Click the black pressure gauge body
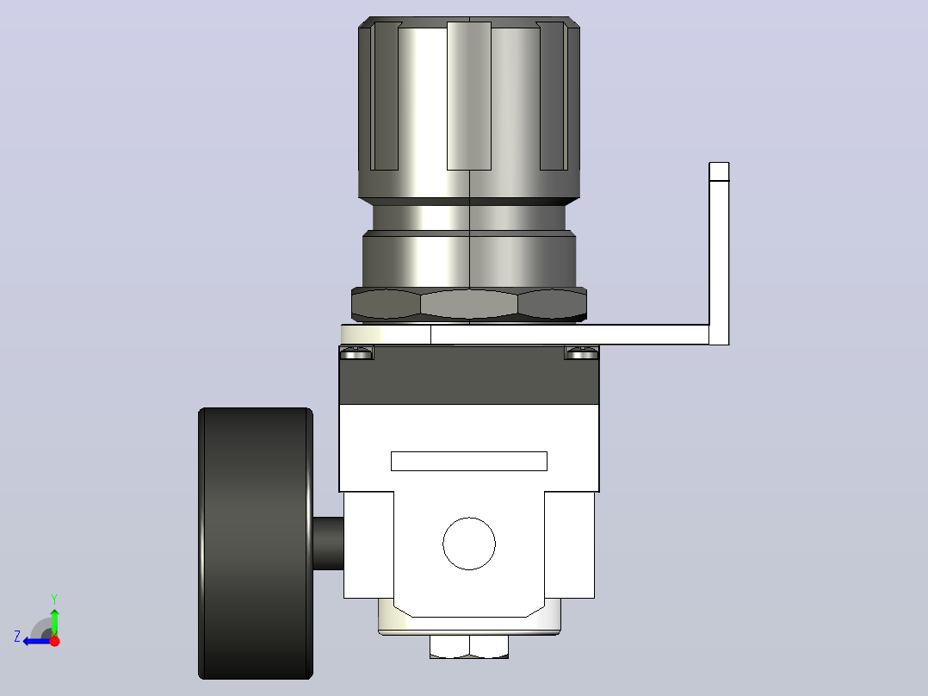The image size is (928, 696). pos(256,544)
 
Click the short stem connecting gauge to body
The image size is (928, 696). pos(328,544)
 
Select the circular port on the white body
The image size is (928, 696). pos(469,544)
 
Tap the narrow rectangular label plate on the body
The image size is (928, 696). pos(469,462)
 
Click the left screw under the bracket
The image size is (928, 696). pos(356,354)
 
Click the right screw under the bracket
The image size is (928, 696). pos(582,354)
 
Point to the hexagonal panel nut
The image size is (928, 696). pos(469,304)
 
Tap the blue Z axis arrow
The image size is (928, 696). pos(37,641)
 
